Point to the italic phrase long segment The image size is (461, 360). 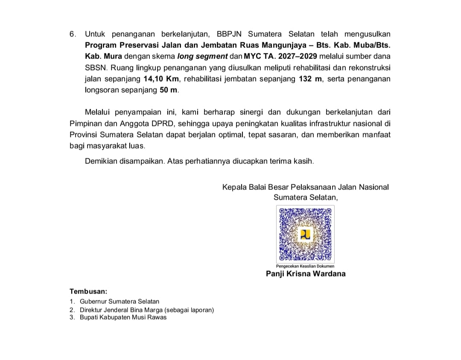(x=202, y=56)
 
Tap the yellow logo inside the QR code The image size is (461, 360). (x=306, y=234)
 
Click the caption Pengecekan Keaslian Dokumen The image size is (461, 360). (x=305, y=266)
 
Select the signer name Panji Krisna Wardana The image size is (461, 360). (x=306, y=274)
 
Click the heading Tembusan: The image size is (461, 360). (x=88, y=292)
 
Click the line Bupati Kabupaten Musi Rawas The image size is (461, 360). (x=123, y=317)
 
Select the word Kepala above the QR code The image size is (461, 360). (x=234, y=187)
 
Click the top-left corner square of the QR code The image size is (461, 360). (x=282, y=211)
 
